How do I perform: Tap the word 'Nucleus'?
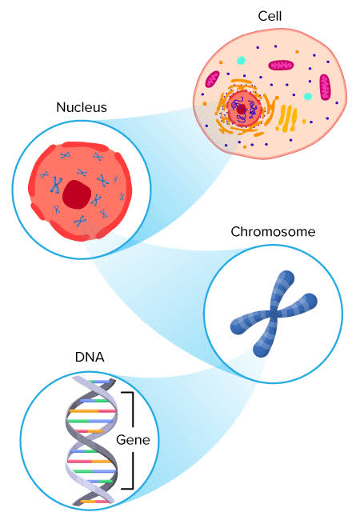click(x=82, y=106)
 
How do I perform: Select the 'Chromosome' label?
click(x=273, y=233)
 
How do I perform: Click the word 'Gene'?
click(x=133, y=440)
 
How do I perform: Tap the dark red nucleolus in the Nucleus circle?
click(x=78, y=194)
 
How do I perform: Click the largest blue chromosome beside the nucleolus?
click(x=56, y=186)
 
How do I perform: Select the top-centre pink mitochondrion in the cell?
click(x=281, y=65)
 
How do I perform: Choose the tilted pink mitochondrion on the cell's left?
click(x=212, y=79)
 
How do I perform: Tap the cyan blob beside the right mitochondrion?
click(x=308, y=96)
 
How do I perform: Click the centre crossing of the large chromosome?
click(x=272, y=313)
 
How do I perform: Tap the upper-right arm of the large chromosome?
click(x=284, y=286)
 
